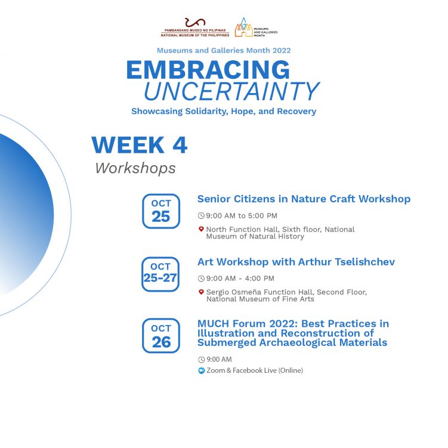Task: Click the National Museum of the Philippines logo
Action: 195,27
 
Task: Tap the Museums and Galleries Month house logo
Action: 244,27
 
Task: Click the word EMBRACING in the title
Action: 208,70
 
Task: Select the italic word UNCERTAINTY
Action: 231,91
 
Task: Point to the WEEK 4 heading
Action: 139,145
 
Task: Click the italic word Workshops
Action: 135,168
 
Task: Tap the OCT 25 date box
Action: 161,211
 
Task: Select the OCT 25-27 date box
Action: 160,274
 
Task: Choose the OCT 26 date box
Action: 161,336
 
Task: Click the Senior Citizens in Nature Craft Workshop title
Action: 304,199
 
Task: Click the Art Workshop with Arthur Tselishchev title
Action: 296,262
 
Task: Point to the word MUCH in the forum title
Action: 213,323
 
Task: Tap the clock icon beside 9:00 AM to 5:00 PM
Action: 201,216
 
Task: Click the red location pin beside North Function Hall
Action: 201,229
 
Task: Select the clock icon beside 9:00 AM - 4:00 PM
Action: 202,279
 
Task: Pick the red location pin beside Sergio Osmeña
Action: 201,292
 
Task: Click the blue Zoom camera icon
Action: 202,370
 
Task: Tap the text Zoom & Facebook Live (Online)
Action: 255,370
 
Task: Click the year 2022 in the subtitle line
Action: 282,51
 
